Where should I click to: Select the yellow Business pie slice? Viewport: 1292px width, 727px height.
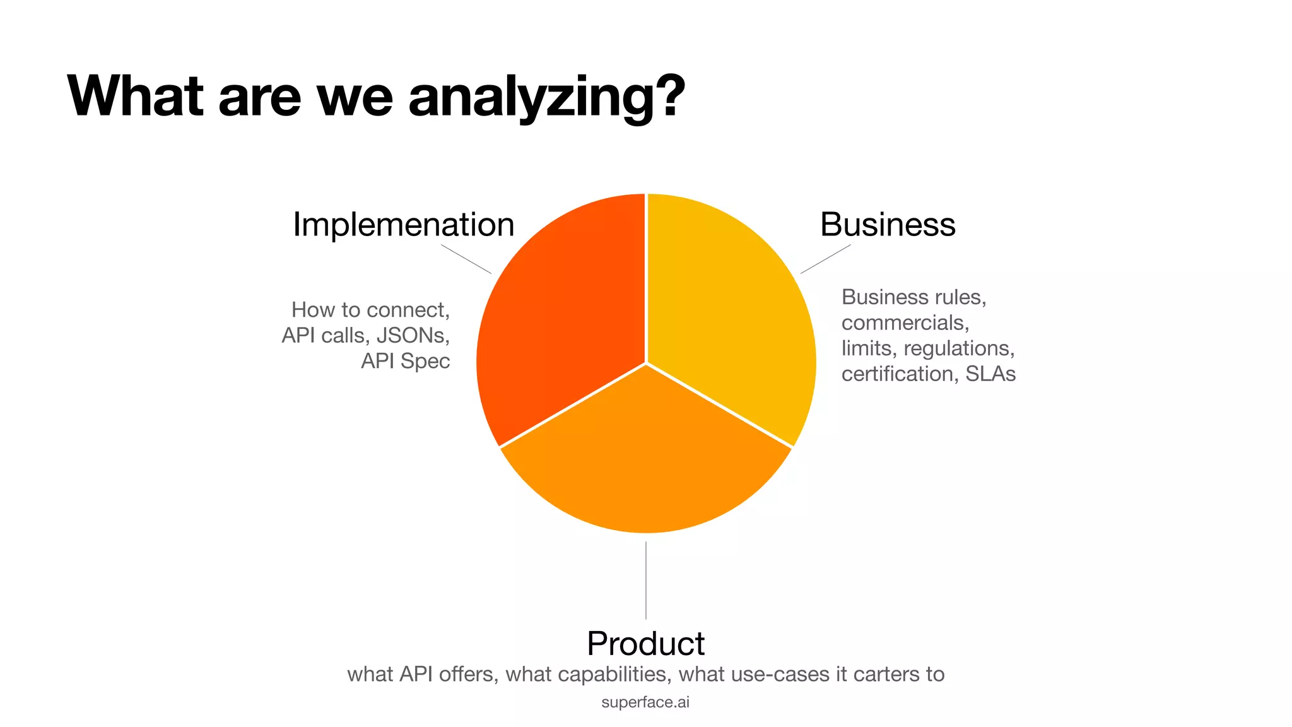pyautogui.click(x=732, y=316)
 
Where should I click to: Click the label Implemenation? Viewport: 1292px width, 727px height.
pyautogui.click(x=404, y=225)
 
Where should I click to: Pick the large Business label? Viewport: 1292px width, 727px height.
pyautogui.click(x=888, y=225)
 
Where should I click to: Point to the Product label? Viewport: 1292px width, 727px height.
pyautogui.click(x=645, y=644)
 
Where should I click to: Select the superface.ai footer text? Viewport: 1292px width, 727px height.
pyautogui.click(x=645, y=702)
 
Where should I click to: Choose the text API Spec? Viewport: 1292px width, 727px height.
pyautogui.click(x=406, y=361)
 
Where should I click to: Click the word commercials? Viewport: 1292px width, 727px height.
pyautogui.click(x=905, y=323)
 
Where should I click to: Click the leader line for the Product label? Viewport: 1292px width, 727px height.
pyautogui.click(x=646, y=581)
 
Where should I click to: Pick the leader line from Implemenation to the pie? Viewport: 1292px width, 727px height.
pyautogui.click(x=466, y=259)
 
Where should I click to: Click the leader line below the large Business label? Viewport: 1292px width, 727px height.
pyautogui.click(x=826, y=259)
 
